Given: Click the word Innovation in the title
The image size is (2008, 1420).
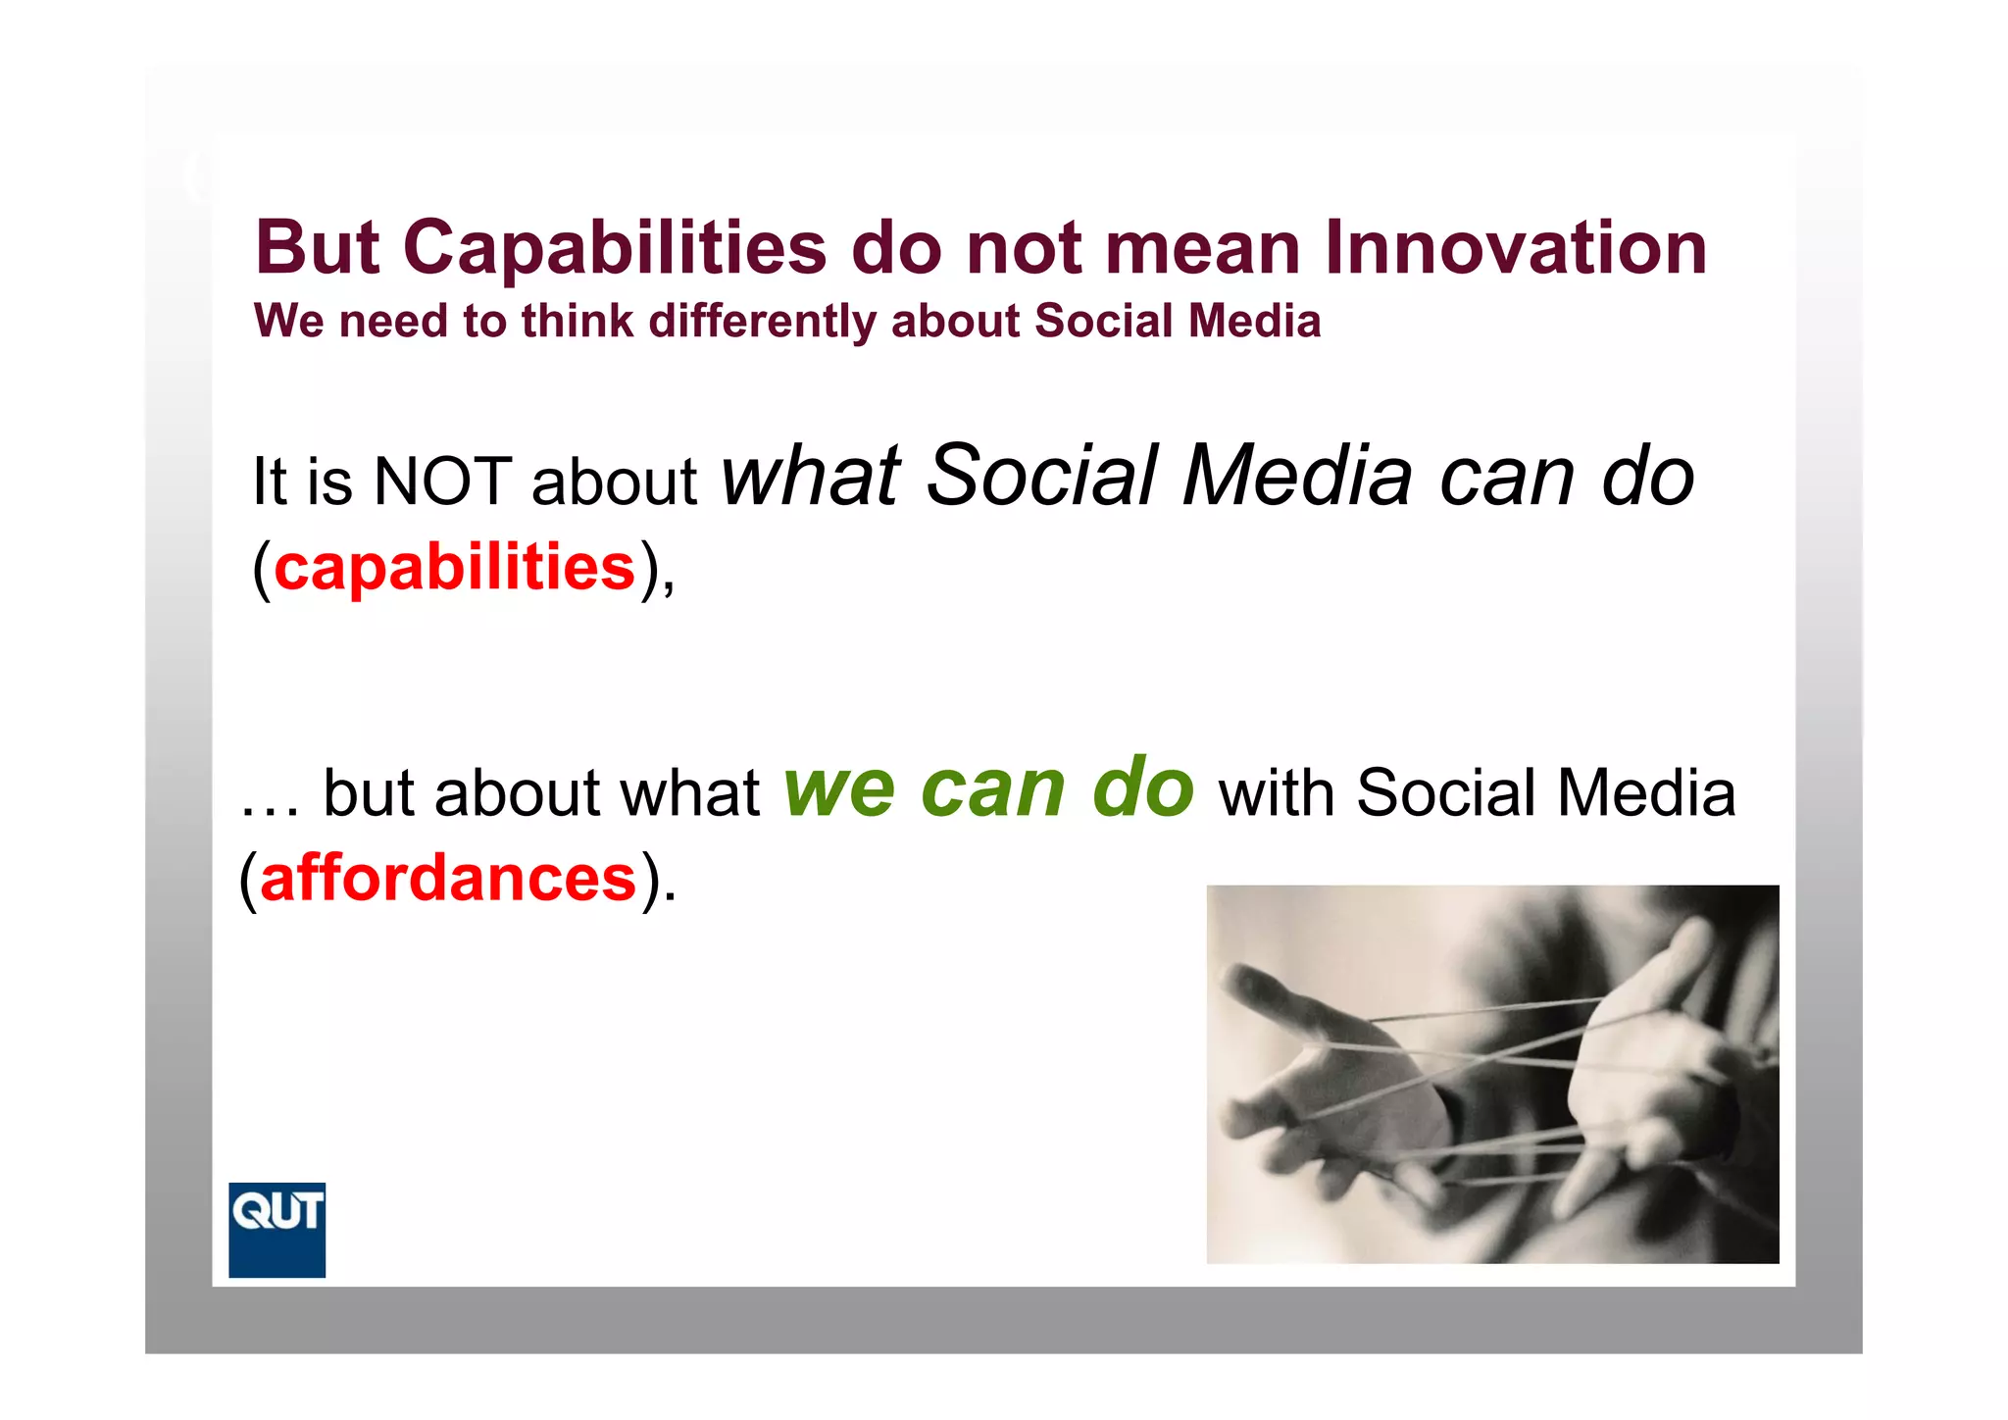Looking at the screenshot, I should pos(1516,247).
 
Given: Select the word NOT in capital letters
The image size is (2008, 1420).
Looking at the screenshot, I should pos(443,482).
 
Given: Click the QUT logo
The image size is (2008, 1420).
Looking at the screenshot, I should pos(276,1229).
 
